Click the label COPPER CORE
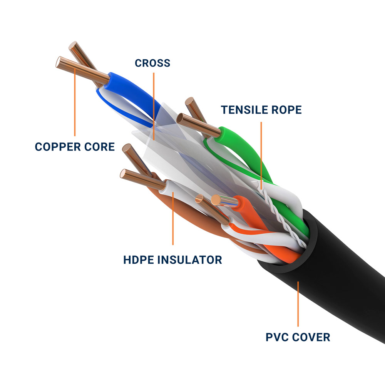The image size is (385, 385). tap(75, 147)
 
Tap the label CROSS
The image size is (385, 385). tap(152, 63)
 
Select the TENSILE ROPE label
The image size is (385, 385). tap(261, 110)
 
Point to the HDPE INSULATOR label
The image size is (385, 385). tap(172, 259)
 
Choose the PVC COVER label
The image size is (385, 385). tap(298, 337)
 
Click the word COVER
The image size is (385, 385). tap(311, 337)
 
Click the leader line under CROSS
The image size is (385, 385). tap(154, 104)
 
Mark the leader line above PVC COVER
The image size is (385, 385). tap(298, 304)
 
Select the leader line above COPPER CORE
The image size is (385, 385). tap(74, 104)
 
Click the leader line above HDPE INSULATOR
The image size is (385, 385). tap(173, 219)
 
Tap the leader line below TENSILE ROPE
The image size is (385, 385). tap(261, 154)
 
